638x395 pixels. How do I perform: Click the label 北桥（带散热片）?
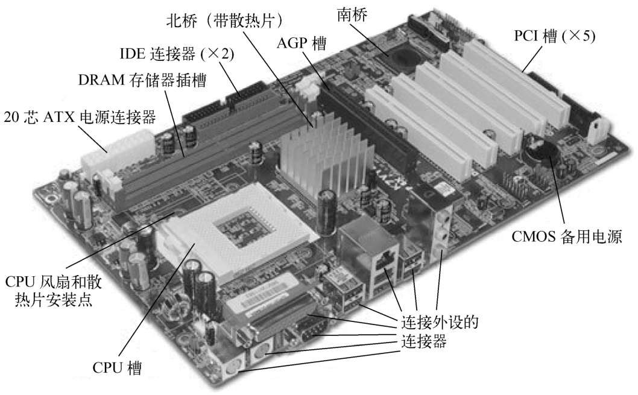pos(224,21)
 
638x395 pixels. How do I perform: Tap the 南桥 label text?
pos(352,14)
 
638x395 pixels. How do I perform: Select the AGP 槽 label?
pos(302,43)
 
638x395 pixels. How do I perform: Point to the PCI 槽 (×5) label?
pos(555,36)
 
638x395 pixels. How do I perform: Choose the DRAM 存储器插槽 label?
pos(142,80)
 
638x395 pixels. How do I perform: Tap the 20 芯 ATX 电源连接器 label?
pos(80,117)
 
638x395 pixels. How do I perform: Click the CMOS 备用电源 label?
pos(566,236)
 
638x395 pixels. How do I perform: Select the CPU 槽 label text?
pos(117,367)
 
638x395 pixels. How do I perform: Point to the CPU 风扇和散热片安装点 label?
pos(53,291)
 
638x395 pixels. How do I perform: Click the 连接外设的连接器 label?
pos(440,331)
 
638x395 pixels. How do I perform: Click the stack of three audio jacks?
pos(443,232)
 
